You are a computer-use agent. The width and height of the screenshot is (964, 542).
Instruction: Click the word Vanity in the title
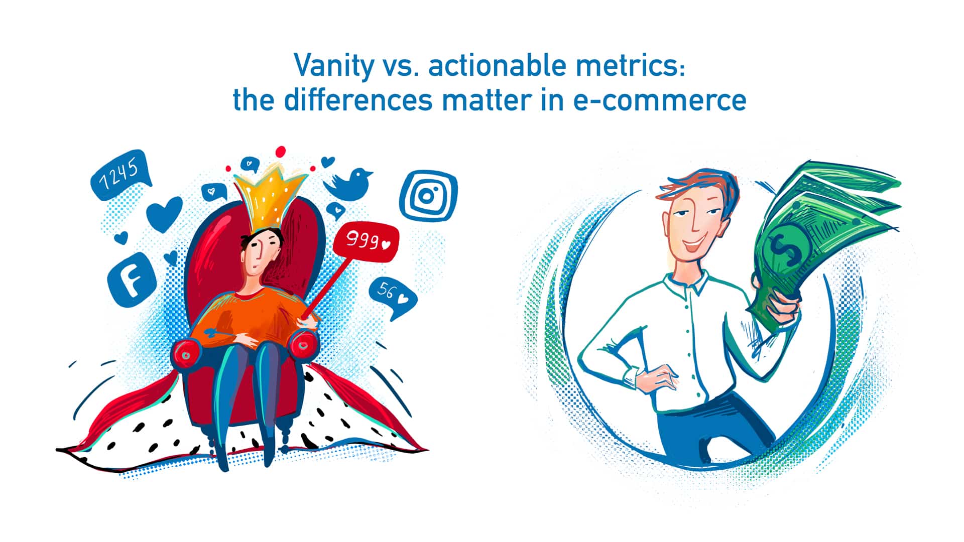click(x=333, y=66)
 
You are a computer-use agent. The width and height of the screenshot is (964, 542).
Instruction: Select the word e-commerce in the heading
click(x=660, y=100)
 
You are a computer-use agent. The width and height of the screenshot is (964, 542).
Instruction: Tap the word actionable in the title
click(x=490, y=66)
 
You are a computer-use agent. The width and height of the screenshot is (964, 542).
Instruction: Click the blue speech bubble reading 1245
click(x=119, y=175)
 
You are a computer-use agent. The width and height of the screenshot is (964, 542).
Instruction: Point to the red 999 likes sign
click(x=367, y=242)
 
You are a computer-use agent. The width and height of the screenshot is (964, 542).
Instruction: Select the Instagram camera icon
click(x=428, y=195)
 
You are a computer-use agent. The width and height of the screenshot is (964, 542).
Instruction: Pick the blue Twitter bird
click(x=351, y=183)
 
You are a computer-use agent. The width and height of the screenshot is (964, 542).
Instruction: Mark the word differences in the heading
click(x=357, y=100)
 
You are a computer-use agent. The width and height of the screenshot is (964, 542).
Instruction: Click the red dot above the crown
click(x=281, y=151)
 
